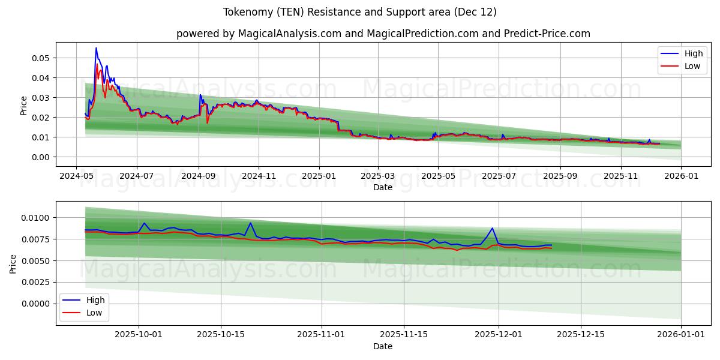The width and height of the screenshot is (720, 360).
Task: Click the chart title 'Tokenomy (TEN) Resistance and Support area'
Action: pos(359,12)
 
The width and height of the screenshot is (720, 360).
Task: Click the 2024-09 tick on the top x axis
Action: pos(199,176)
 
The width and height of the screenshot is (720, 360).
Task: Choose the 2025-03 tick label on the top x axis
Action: pos(378,176)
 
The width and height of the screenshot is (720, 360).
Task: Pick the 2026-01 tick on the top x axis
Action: pos(682,176)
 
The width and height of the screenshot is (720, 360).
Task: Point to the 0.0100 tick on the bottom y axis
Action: pos(35,218)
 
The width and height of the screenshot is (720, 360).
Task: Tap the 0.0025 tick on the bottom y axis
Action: pos(35,282)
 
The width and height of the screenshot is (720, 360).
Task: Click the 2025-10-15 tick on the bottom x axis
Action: pos(221,335)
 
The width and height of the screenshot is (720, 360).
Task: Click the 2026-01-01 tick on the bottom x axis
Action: pos(682,335)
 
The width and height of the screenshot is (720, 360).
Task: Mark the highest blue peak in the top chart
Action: pos(96,48)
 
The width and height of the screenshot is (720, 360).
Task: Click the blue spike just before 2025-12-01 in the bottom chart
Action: pos(493,228)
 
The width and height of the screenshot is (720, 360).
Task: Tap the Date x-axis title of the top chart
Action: pos(383,187)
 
